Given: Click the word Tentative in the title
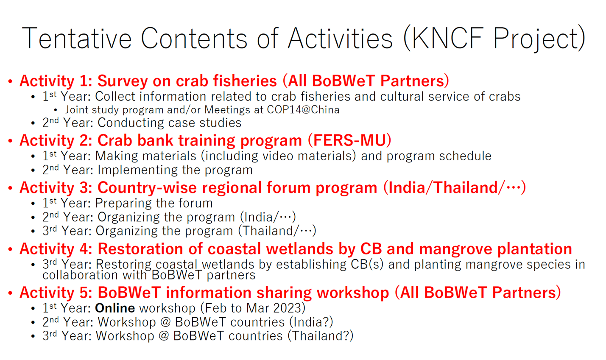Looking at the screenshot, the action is pyautogui.click(x=77, y=38).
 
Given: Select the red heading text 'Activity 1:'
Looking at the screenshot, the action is pyautogui.click(x=56, y=81).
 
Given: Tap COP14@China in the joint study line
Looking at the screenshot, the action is pyautogui.click(x=303, y=110).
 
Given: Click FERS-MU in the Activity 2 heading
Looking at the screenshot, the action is pyautogui.click(x=349, y=140).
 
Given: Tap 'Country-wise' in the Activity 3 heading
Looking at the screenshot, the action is pyautogui.click(x=147, y=188).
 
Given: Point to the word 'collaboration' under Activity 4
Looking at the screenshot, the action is pyautogui.click(x=80, y=275).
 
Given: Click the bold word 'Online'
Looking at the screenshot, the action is pyautogui.click(x=115, y=308).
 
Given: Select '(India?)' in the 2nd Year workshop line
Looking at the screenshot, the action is pyautogui.click(x=311, y=322).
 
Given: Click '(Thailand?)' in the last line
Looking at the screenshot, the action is pyautogui.click(x=321, y=336).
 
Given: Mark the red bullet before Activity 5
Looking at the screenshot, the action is pyautogui.click(x=10, y=293).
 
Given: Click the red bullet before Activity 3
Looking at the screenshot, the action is pyautogui.click(x=10, y=188).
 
